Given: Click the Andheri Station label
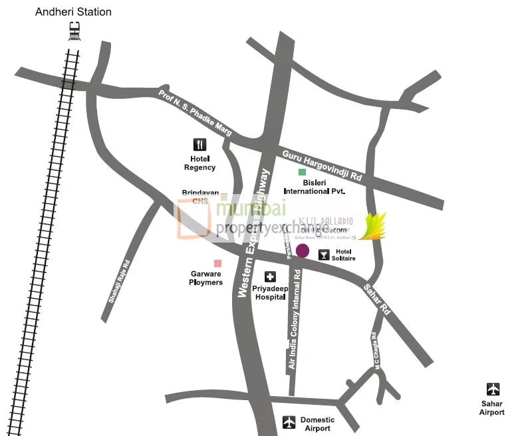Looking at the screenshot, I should click(x=73, y=12).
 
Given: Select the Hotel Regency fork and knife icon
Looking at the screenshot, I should click(x=199, y=144).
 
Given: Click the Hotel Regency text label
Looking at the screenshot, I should click(x=199, y=163).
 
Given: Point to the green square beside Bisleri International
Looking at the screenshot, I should click(x=302, y=173).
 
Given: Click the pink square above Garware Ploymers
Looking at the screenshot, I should click(x=217, y=263).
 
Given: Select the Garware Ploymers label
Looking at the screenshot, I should click(x=206, y=278).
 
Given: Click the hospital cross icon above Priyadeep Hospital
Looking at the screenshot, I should click(x=270, y=277).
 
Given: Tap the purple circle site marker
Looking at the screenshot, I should click(x=303, y=251).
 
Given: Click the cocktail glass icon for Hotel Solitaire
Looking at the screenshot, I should click(x=324, y=254).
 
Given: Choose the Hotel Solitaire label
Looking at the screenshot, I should click(x=344, y=255).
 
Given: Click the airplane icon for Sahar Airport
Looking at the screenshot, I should click(x=493, y=389).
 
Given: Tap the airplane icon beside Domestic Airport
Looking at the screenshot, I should click(x=289, y=421).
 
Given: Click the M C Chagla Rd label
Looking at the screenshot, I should click(x=376, y=350).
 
